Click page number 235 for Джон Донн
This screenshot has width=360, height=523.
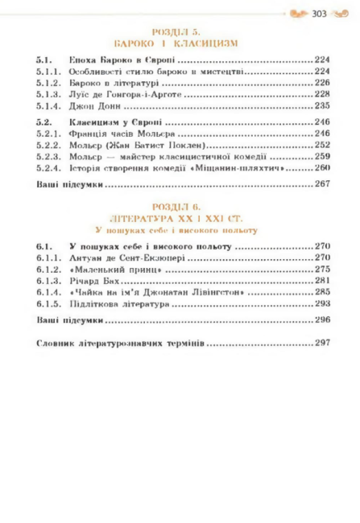click(x=323, y=105)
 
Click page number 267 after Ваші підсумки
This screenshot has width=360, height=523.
click(x=323, y=184)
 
